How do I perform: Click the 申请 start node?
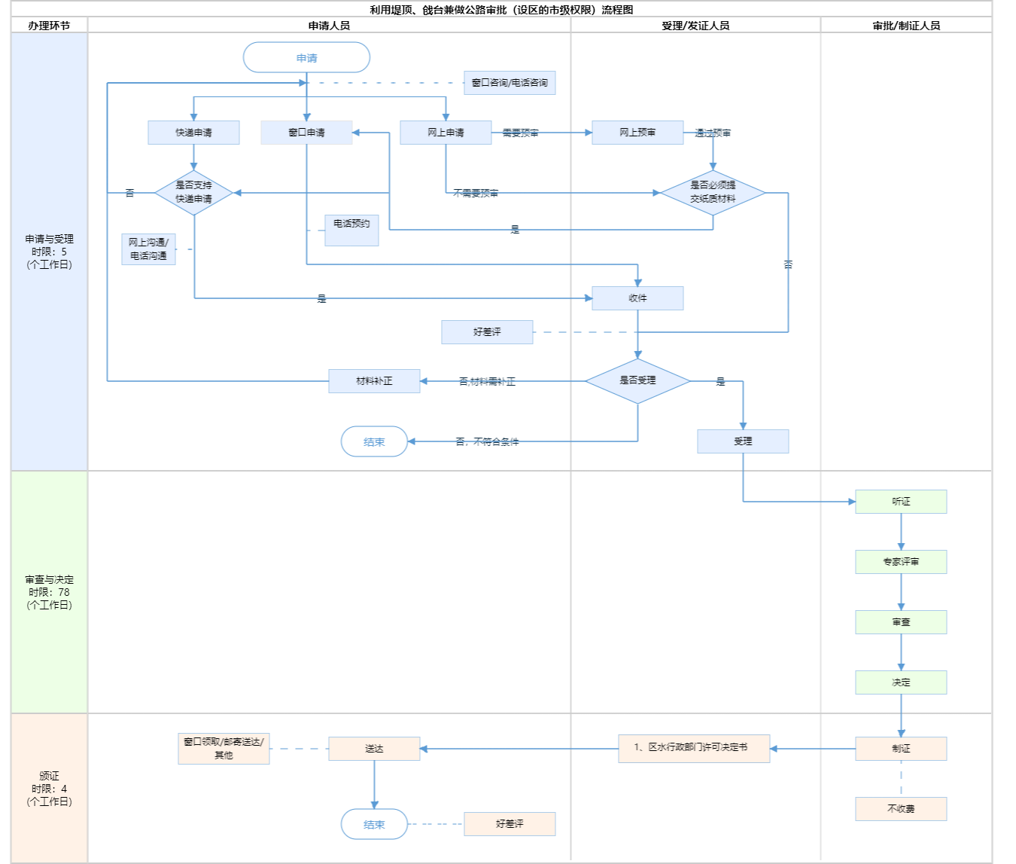[306, 58]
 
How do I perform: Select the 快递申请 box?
[193, 133]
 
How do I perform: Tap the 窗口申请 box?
[306, 133]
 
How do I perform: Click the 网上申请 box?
[446, 133]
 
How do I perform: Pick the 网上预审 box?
[637, 133]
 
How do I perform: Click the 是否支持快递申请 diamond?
[193, 193]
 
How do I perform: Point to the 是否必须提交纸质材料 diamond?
[713, 193]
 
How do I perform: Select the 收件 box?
[637, 298]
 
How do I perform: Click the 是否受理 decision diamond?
[637, 381]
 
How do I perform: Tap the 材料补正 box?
[374, 381]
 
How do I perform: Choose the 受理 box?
[743, 441]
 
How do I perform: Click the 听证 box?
[901, 502]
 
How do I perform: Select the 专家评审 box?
[901, 562]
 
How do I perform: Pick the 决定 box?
[901, 682]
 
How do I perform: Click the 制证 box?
[901, 749]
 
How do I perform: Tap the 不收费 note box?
[901, 809]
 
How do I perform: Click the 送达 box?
[374, 749]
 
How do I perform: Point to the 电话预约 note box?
[351, 230]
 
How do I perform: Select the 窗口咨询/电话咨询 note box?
[510, 83]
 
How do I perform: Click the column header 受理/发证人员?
[695, 26]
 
